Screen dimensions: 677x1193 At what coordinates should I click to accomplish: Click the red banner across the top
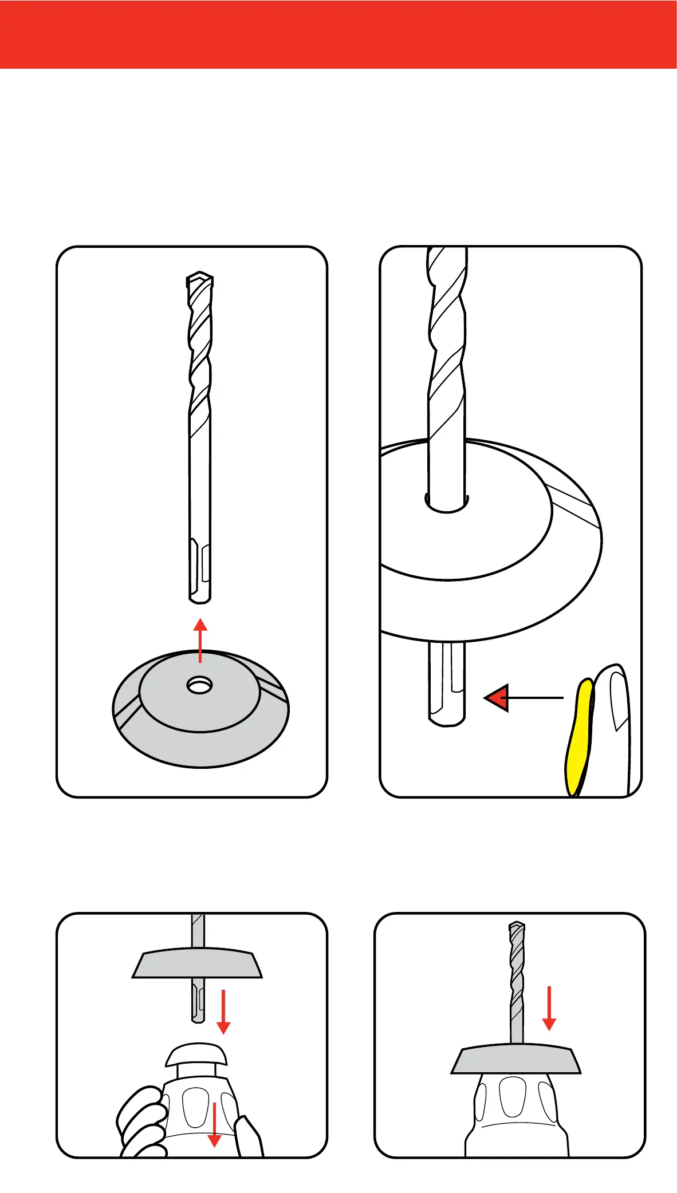338,34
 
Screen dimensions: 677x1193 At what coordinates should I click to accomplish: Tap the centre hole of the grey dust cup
199,685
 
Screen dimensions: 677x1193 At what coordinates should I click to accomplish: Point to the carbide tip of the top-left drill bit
199,281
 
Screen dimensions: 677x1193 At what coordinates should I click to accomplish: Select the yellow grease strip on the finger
578,738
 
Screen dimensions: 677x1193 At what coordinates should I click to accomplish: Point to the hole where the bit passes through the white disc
447,503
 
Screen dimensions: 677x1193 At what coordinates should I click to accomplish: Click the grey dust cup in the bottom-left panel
197,965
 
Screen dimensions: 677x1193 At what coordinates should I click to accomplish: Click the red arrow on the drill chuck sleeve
214,1124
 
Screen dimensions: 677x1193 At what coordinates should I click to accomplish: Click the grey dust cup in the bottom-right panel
515,1060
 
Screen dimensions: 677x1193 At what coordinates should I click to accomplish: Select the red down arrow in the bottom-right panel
549,1008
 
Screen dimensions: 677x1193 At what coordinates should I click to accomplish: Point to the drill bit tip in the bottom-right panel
517,929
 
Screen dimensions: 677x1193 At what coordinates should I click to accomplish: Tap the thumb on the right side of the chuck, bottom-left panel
250,1136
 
